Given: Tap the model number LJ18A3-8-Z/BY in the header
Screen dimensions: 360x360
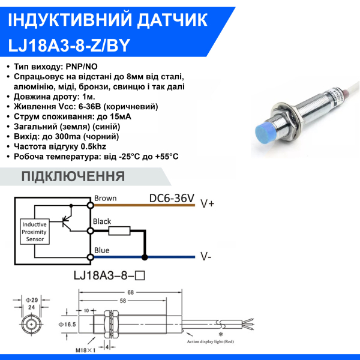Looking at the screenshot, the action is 69,45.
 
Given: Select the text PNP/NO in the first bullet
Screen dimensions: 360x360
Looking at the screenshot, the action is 82,67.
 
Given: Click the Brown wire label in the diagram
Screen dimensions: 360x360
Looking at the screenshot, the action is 106,198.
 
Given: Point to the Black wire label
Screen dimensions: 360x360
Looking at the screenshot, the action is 102,221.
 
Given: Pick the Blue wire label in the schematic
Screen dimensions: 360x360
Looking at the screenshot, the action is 102,250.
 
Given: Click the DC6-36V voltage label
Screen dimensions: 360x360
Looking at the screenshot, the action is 172,199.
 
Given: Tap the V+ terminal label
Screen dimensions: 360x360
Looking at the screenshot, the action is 208,203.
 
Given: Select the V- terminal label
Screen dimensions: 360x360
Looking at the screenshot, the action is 206,256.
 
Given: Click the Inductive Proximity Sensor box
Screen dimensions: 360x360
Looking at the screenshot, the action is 35,232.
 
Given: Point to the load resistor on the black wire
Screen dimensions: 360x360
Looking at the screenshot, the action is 119,231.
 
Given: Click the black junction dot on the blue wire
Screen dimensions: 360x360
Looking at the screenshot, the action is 145,257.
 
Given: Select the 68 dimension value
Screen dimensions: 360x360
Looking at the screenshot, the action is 130,293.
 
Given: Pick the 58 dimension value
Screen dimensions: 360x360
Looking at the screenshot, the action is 123,301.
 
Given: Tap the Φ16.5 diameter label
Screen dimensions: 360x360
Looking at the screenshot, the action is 67,325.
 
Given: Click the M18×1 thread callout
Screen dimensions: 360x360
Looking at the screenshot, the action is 85,350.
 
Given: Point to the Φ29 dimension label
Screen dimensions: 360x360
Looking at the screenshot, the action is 31,300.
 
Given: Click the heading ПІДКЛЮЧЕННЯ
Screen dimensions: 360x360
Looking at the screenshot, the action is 73,176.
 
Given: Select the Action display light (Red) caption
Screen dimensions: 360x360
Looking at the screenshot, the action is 211,341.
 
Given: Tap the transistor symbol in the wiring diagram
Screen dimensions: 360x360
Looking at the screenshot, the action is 67,219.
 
